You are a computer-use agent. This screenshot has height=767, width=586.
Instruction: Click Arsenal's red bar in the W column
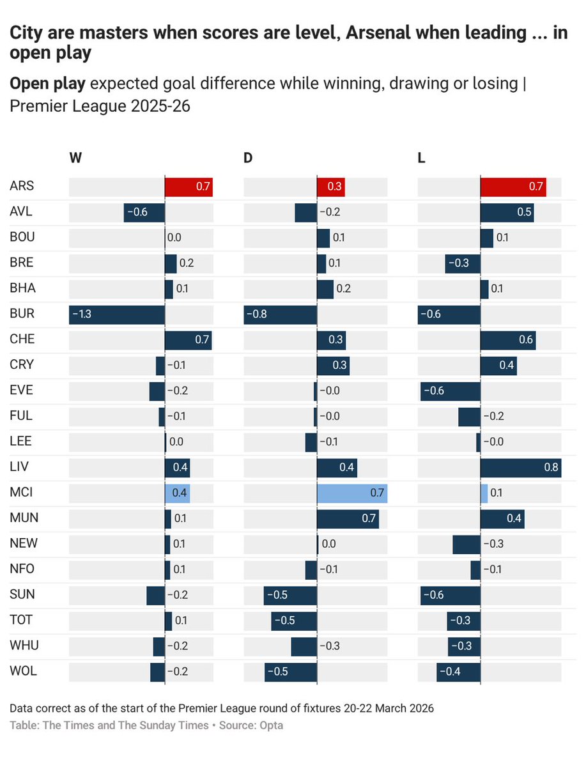(x=189, y=187)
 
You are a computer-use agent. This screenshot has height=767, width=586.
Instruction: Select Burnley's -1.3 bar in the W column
(x=117, y=314)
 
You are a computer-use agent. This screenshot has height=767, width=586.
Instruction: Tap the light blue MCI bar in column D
(x=352, y=493)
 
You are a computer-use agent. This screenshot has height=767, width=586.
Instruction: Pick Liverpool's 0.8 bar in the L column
(x=520, y=468)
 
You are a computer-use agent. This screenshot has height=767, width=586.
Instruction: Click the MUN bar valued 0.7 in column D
(x=348, y=519)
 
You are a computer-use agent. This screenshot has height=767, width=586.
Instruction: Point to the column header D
(x=248, y=158)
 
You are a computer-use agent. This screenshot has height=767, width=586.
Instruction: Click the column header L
(x=421, y=158)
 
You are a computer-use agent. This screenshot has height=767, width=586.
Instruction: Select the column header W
(x=75, y=158)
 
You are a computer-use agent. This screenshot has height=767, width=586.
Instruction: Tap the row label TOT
(x=21, y=620)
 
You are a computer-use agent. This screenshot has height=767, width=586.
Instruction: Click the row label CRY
(x=22, y=365)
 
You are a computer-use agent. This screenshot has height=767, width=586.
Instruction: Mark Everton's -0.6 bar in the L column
(x=450, y=391)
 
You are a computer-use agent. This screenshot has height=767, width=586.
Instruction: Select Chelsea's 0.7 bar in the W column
(x=188, y=340)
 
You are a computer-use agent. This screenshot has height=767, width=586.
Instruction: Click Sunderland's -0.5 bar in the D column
(x=290, y=595)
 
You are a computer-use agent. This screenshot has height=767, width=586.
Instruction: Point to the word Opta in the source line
(x=271, y=725)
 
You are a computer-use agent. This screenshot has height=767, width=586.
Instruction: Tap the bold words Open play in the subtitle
(x=43, y=84)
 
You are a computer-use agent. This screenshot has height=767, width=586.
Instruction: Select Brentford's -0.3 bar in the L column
(x=463, y=263)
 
